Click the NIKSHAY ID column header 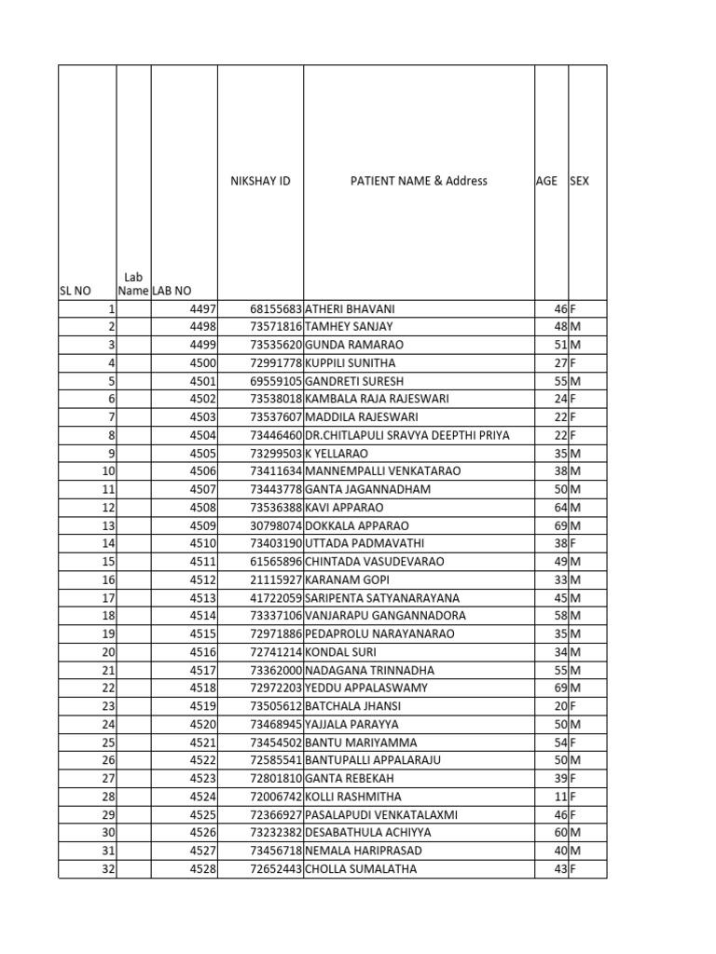coord(260,181)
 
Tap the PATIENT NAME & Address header coord(419,181)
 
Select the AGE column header coord(546,181)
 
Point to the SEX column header coord(579,181)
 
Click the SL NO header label coord(76,291)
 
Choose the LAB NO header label coord(172,291)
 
